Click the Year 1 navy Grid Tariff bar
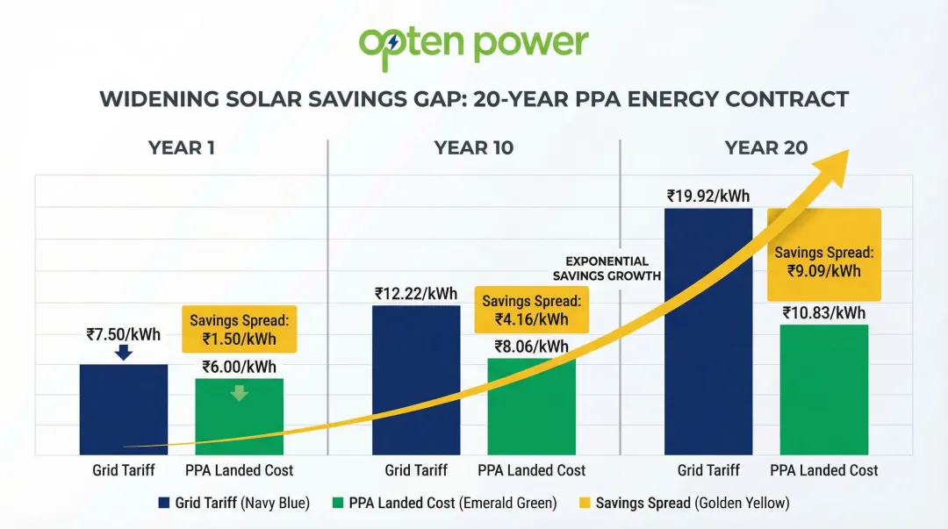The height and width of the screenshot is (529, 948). click(124, 409)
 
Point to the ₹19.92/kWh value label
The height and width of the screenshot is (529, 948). click(707, 196)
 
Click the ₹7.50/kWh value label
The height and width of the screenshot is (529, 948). click(124, 334)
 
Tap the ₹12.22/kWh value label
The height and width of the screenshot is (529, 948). click(416, 293)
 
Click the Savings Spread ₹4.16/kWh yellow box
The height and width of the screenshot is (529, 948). click(531, 310)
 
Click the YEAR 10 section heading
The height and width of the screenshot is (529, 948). click(473, 147)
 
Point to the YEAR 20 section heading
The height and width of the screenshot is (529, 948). click(765, 147)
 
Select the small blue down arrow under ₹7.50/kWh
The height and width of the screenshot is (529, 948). click(124, 353)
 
